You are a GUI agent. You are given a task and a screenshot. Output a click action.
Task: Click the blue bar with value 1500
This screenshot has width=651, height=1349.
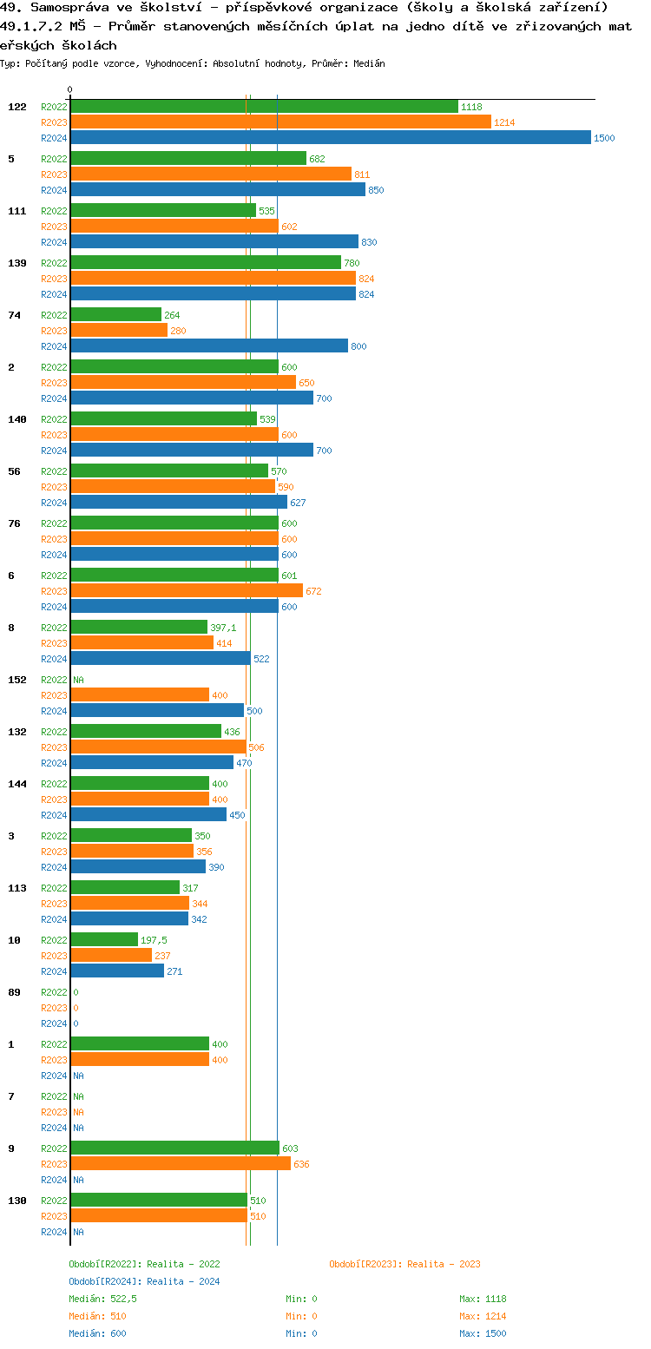pyautogui.click(x=330, y=138)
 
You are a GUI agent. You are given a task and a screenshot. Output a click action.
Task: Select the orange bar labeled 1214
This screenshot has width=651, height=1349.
pyautogui.click(x=280, y=122)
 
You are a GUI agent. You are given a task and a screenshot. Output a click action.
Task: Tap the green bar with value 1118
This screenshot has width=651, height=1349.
pyautogui.click(x=264, y=107)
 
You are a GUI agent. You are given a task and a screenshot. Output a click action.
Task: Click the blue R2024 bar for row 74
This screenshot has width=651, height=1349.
pyautogui.click(x=208, y=346)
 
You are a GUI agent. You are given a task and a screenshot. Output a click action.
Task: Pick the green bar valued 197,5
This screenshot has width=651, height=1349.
pyautogui.click(x=104, y=940)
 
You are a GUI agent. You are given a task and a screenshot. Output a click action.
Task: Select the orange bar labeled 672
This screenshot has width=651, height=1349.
pyautogui.click(x=187, y=591)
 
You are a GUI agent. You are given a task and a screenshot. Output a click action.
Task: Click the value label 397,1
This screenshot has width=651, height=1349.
pyautogui.click(x=223, y=628)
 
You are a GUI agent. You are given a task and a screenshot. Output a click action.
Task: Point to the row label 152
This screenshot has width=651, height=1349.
pyautogui.click(x=17, y=680)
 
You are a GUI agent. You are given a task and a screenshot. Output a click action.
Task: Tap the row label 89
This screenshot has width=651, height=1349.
pyautogui.click(x=14, y=992)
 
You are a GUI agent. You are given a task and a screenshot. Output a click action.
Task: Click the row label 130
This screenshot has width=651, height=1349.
pyautogui.click(x=17, y=1201)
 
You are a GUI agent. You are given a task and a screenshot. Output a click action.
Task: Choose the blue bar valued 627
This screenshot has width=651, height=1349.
pyautogui.click(x=179, y=503)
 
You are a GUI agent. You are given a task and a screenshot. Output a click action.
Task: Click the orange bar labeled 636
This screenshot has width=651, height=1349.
pyautogui.click(x=181, y=1164)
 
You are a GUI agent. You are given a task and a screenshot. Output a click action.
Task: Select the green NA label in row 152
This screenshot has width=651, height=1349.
pyautogui.click(x=78, y=680)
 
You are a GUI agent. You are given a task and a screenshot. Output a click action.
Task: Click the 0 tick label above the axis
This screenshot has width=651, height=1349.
pyautogui.click(x=70, y=90)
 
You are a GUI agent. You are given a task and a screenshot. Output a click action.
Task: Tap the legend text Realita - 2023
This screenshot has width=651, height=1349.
pyautogui.click(x=444, y=1264)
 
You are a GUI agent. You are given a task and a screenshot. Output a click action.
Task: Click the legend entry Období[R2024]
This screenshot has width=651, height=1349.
pyautogui.click(x=106, y=1281)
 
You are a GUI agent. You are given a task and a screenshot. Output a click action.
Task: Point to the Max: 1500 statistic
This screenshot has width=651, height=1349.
pyautogui.click(x=483, y=1333)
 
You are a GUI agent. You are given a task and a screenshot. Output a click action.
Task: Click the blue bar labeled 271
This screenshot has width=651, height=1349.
pyautogui.click(x=117, y=971)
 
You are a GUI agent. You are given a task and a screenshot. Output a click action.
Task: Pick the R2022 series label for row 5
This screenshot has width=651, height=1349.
pyautogui.click(x=54, y=159)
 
